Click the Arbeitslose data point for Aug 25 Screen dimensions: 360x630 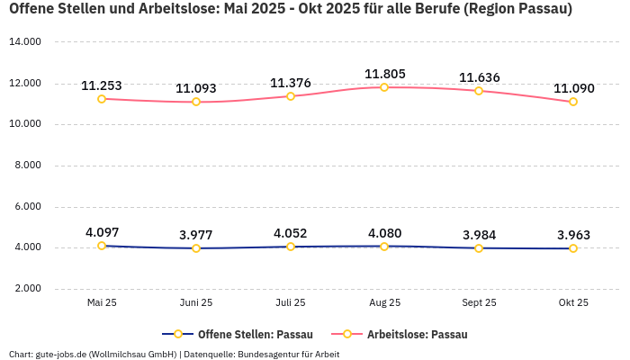point(384,87)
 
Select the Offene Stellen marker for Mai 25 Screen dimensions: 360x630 point(102,246)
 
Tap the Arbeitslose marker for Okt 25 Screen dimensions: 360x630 point(573,102)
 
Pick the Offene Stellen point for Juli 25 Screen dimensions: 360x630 point(291,247)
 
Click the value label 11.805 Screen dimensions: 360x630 point(384,74)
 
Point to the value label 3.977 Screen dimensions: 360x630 point(196,235)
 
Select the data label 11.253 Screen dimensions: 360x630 point(102,85)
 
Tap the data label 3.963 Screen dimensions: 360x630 point(573,235)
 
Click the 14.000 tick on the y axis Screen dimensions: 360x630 point(25,42)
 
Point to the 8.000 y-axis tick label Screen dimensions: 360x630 point(27,166)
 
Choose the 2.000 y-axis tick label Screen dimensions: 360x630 point(27,289)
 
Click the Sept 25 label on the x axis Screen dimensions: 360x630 point(479,303)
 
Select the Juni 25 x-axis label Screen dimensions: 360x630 point(196,303)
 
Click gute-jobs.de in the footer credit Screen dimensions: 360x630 point(61,354)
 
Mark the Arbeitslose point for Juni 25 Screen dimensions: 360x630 point(196,102)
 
